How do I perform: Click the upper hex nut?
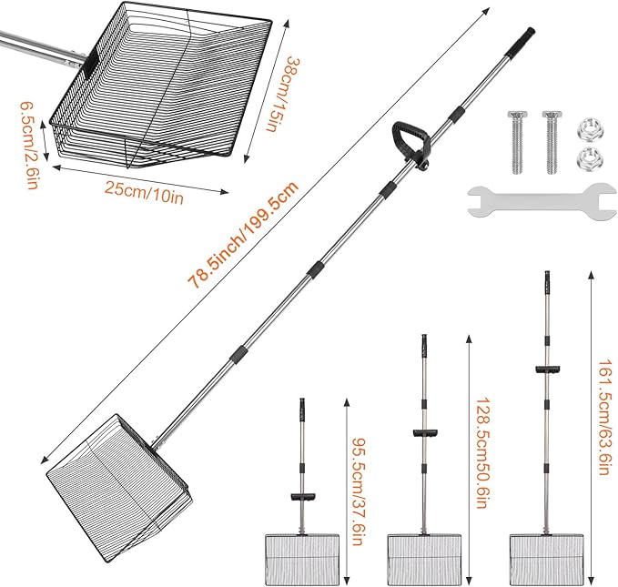585,127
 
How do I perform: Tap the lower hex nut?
585,160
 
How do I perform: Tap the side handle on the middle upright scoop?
422,432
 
